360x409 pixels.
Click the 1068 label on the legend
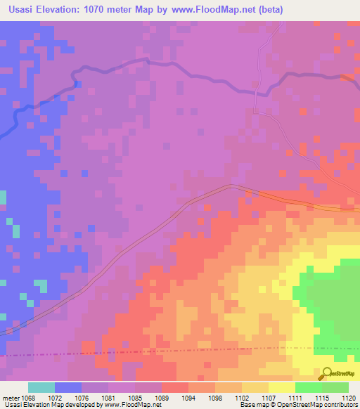(25, 397)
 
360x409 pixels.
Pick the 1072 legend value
(52, 397)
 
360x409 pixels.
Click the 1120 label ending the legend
(349, 397)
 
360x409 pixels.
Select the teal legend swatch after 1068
(41, 387)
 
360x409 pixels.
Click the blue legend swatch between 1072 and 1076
(68, 387)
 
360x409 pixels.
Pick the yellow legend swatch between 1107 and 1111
(282, 387)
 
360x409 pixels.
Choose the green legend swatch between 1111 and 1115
(309, 387)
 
